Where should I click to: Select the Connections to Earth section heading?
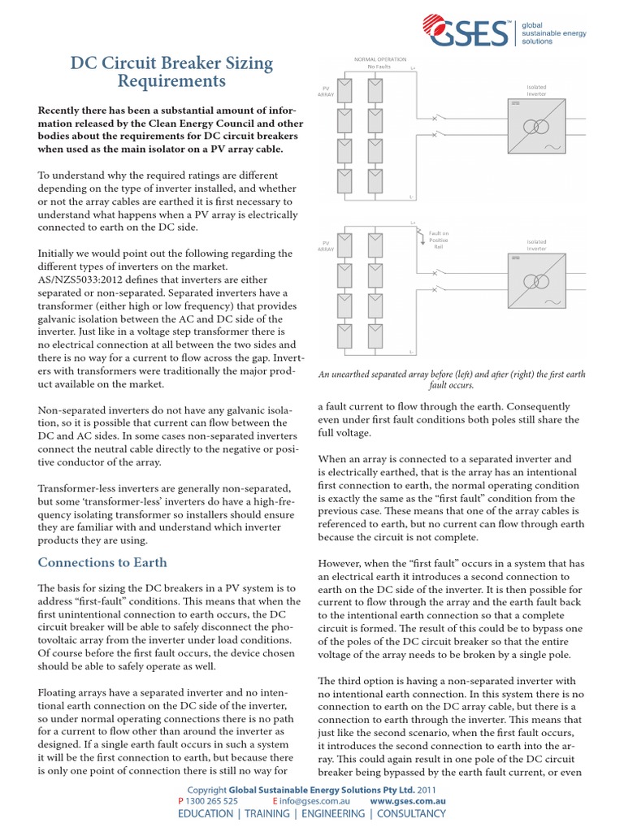pos(103,562)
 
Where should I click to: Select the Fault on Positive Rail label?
pos(438,240)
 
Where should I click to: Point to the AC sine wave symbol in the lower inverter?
pos(558,302)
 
